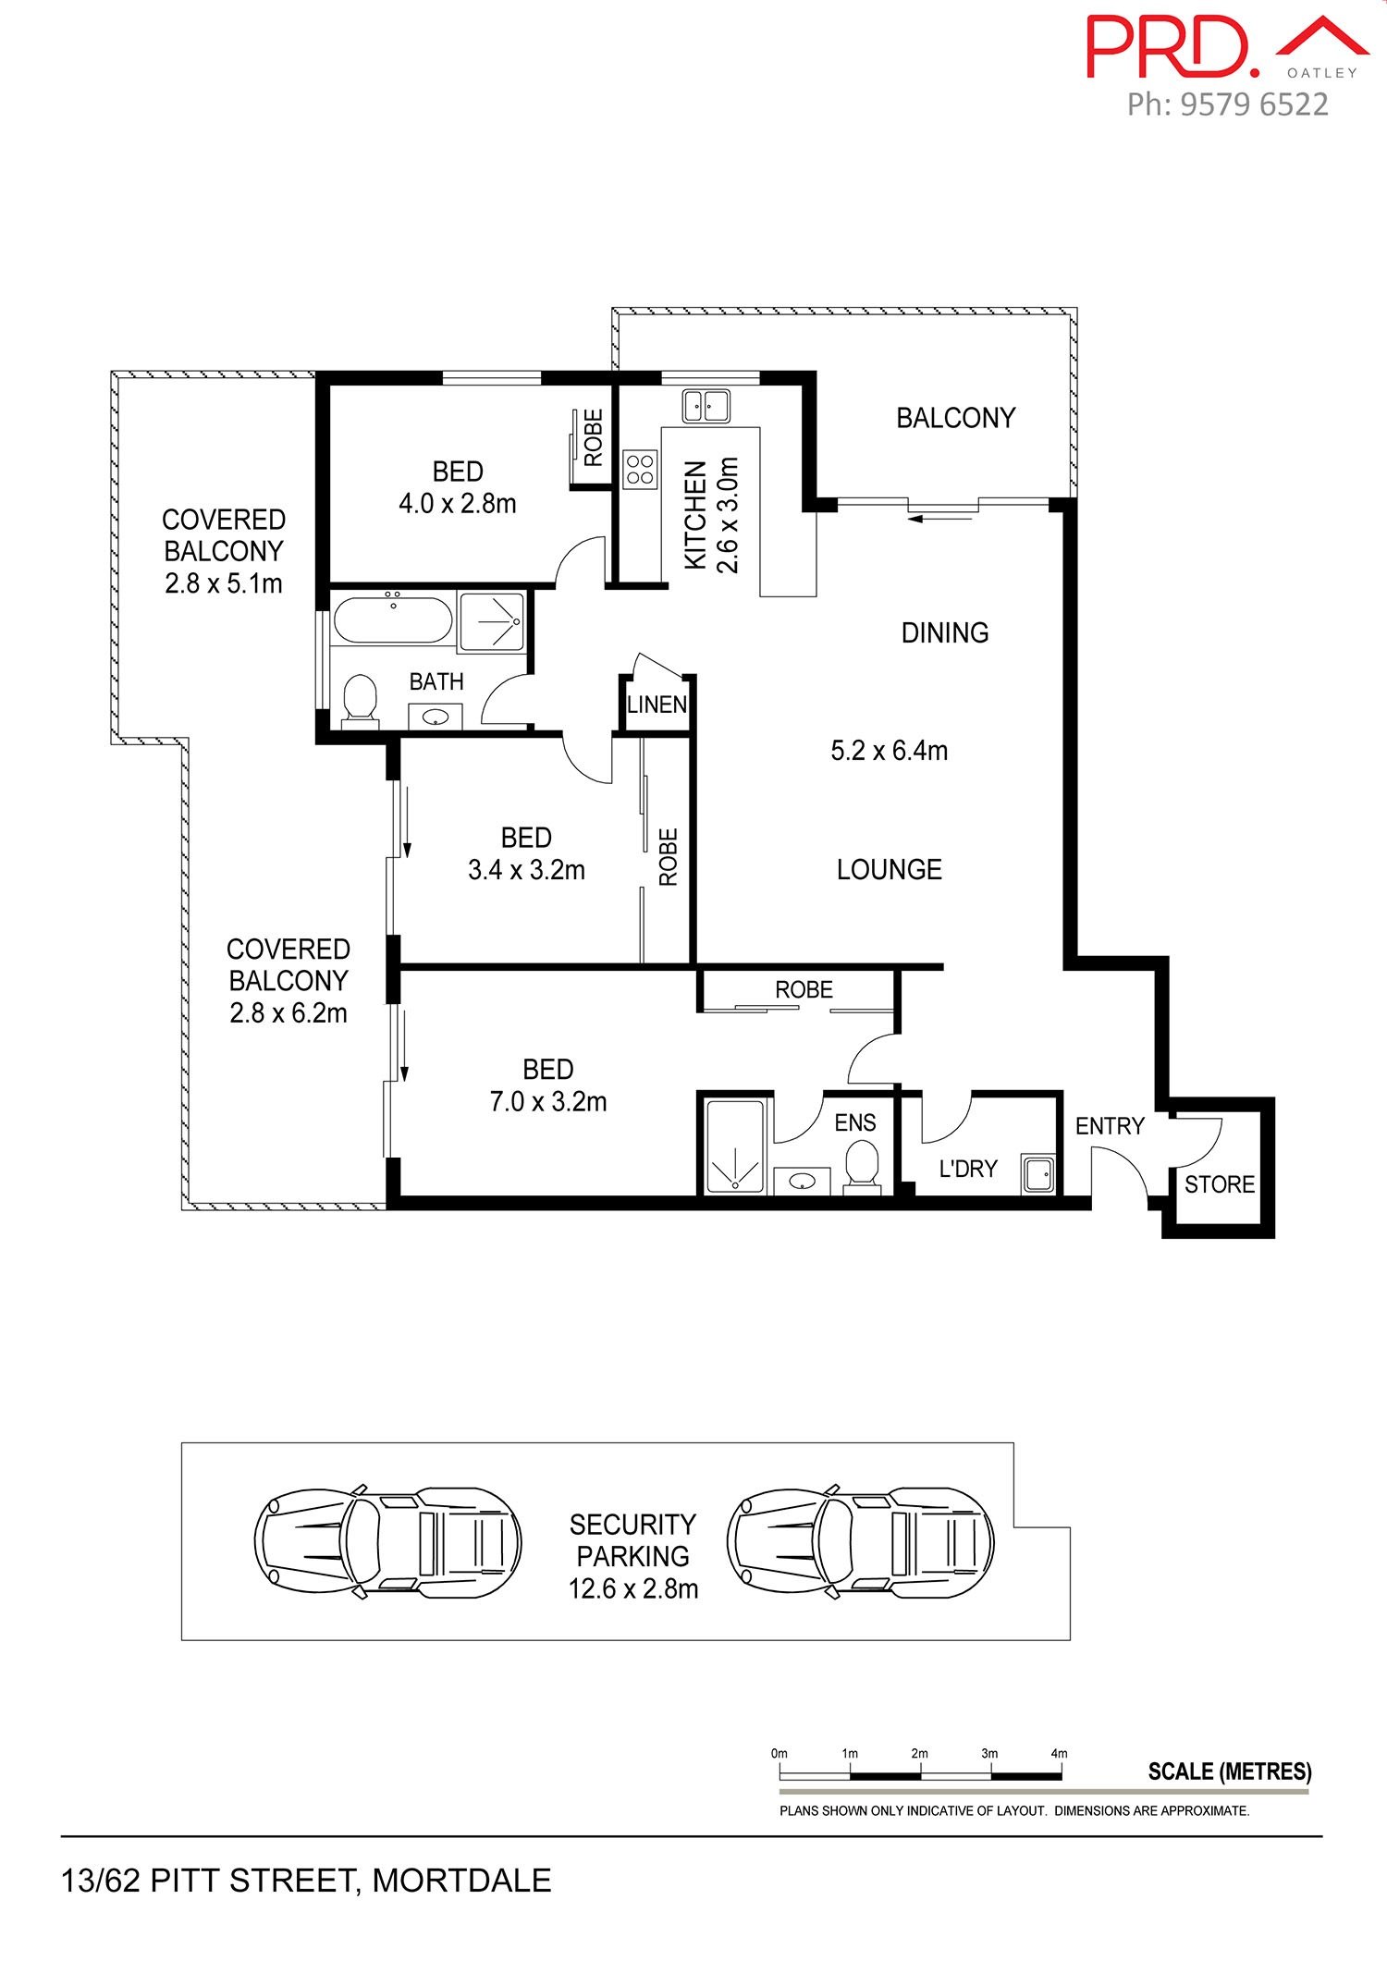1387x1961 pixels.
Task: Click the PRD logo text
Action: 1172,45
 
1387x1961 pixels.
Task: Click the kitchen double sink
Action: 706,405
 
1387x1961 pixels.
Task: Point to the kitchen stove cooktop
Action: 640,468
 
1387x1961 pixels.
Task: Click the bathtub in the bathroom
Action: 393,619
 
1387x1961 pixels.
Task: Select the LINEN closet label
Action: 657,705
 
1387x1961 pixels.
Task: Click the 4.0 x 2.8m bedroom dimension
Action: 458,504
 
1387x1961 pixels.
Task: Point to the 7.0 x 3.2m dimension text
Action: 548,1102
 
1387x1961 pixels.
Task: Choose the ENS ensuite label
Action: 855,1122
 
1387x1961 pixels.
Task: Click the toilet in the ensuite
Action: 862,1165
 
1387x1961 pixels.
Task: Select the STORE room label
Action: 1220,1184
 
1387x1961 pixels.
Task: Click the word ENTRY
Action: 1110,1126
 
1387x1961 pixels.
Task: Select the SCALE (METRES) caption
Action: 1230,1771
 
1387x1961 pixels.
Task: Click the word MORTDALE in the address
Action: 461,1881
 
